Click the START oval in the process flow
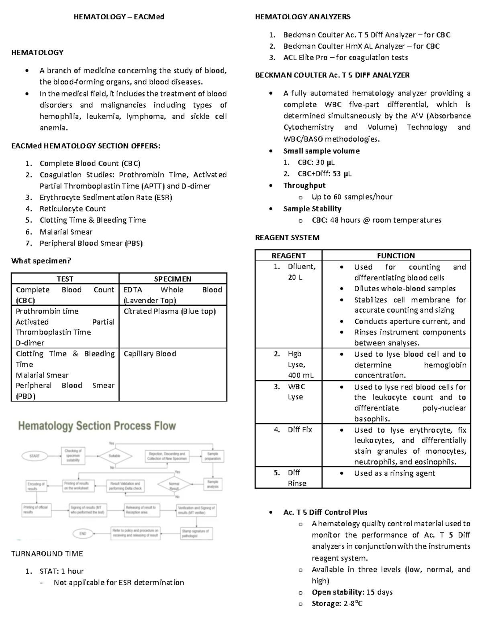tap(35, 456)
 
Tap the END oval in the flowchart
tap(83, 533)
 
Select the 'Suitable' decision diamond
tap(114, 456)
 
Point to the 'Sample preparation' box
tap(212, 456)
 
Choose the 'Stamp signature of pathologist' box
tap(195, 533)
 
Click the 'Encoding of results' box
tap(36, 486)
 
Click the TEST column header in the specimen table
tap(65, 279)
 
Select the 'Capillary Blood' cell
tap(150, 354)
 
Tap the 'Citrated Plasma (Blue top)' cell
tap(170, 311)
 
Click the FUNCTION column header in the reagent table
tap(396, 256)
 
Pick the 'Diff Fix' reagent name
tap(300, 430)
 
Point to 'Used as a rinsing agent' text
tap(394, 473)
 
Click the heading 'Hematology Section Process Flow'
tap(97, 426)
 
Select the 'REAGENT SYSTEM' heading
tap(287, 237)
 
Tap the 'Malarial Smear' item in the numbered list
tap(66, 232)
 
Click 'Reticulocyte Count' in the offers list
tap(72, 209)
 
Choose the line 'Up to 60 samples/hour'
tap(352, 197)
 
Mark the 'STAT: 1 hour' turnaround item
tap(61, 571)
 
